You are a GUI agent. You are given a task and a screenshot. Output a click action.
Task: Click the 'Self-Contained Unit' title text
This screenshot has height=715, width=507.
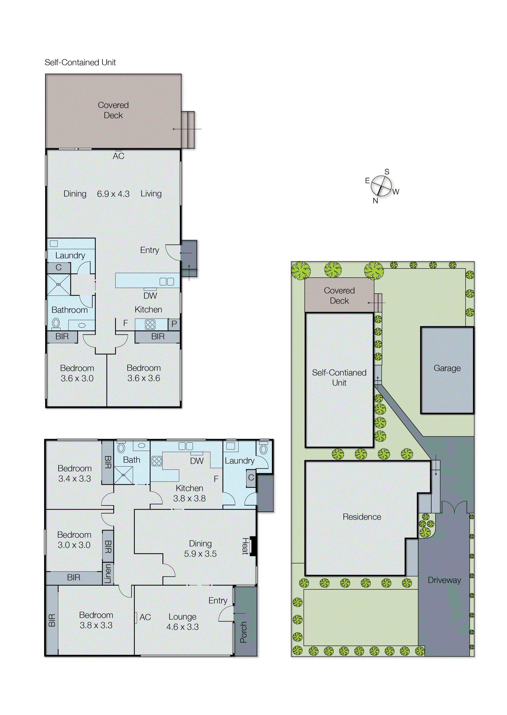pos(80,62)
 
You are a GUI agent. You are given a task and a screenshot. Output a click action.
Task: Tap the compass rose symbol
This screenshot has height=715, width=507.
pos(381,186)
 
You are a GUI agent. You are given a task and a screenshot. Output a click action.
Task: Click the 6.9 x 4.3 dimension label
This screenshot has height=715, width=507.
pos(113,194)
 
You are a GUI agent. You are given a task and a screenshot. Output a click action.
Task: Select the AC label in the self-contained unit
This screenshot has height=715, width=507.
pos(118,156)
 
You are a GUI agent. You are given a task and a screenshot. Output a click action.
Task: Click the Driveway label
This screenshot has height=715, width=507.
pos(444,580)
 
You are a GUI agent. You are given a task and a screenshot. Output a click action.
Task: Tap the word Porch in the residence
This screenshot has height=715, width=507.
pos(243,632)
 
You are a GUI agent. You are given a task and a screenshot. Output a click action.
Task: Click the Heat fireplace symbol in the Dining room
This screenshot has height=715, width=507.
pos(253,546)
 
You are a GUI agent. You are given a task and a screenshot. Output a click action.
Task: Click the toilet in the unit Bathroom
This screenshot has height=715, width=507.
pos(56,323)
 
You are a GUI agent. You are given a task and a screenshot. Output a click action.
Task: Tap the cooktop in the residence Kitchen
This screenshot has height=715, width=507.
pos(157,461)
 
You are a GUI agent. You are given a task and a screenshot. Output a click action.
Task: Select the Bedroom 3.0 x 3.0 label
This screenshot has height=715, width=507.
pos(74,540)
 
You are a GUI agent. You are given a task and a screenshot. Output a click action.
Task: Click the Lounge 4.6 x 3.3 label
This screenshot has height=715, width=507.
pos(182,622)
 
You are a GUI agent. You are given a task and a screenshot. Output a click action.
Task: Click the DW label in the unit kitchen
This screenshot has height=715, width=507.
pos(150,296)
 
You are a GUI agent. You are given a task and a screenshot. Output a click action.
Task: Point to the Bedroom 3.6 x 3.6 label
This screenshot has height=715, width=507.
pos(144,373)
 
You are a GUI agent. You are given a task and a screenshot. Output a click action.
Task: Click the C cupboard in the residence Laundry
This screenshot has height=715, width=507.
pos(251,478)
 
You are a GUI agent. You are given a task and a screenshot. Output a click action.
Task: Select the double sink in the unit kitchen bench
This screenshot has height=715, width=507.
pos(167,282)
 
